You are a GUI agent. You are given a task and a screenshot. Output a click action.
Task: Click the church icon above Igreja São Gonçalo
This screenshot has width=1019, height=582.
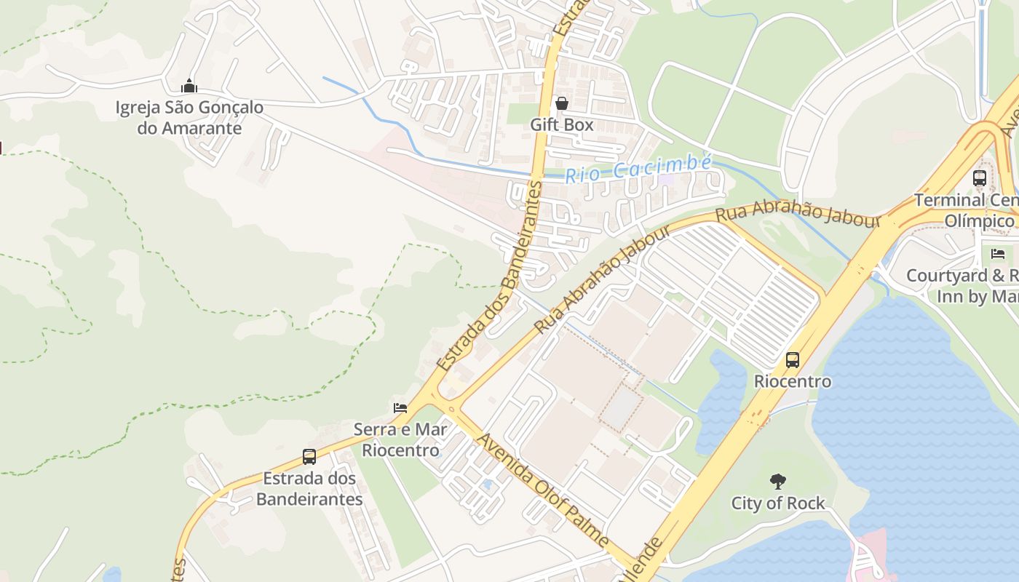(x=189, y=87)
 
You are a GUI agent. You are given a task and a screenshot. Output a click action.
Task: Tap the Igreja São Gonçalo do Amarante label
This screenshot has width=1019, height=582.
(x=189, y=118)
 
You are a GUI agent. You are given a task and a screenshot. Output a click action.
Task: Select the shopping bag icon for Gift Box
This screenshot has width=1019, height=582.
(x=561, y=104)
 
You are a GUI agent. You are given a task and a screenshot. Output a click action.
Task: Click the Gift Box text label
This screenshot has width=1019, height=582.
(x=561, y=125)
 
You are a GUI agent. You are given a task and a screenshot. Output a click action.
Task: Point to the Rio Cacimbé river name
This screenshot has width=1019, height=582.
(x=638, y=169)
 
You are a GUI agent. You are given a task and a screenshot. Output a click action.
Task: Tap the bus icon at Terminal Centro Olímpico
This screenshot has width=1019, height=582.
(x=980, y=178)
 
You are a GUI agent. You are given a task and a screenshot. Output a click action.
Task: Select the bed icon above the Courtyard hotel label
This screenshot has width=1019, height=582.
(x=998, y=254)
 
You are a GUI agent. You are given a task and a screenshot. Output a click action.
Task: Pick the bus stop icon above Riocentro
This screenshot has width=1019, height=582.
(x=792, y=360)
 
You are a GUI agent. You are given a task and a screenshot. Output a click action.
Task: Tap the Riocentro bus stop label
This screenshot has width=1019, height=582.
(x=792, y=381)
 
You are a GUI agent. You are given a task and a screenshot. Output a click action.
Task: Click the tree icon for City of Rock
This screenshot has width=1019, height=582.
(x=778, y=481)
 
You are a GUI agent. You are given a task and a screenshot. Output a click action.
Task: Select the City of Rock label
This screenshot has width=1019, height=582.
(x=778, y=503)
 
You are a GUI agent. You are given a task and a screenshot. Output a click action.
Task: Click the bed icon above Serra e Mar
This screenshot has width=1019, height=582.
(x=400, y=407)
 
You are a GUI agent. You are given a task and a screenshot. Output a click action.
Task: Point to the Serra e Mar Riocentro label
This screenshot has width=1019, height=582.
(x=400, y=439)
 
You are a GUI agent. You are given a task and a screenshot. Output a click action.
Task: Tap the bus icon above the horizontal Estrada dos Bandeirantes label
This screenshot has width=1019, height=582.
(x=309, y=457)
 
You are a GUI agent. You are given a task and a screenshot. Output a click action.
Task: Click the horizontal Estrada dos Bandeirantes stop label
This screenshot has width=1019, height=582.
(x=309, y=489)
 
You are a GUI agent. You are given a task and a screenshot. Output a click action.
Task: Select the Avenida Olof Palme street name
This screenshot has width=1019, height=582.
(x=542, y=492)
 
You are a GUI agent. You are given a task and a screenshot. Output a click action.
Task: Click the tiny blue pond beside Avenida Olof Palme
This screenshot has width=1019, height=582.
(x=487, y=484)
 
